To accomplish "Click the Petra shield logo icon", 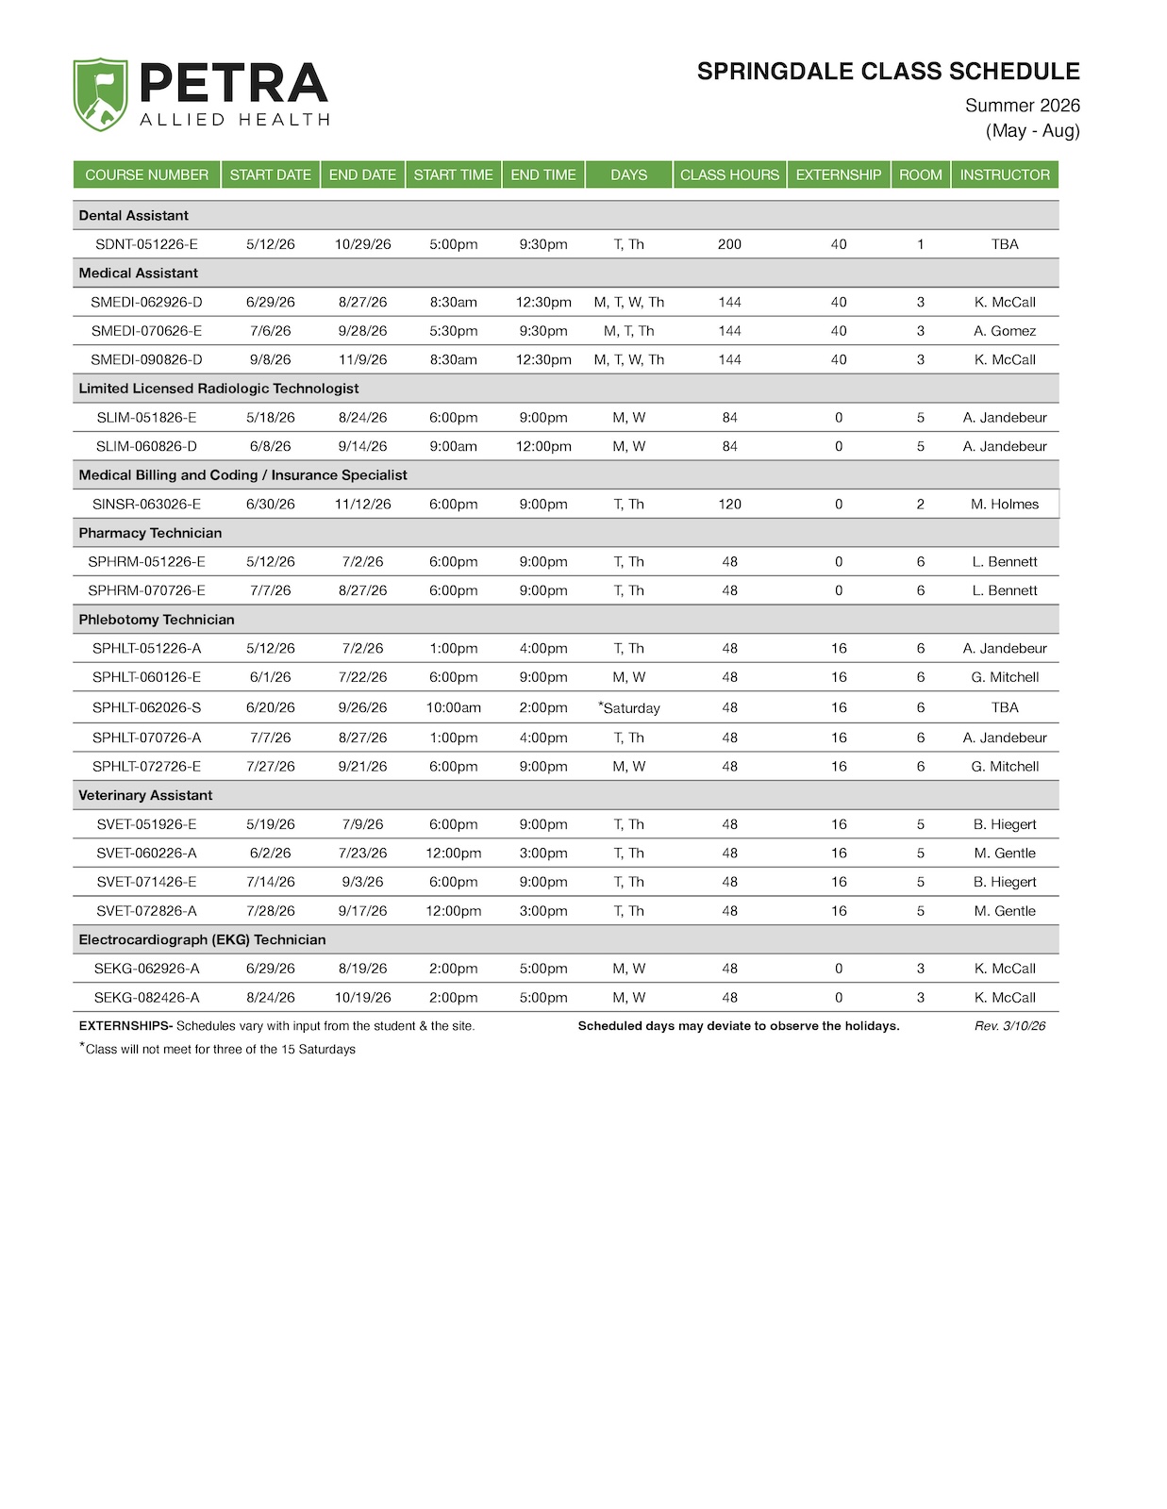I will coord(100,94).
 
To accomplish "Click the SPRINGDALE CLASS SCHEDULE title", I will coord(888,72).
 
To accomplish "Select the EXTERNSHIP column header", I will coord(838,174).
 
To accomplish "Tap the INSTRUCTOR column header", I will coord(1004,174).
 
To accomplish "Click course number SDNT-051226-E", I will coord(146,244).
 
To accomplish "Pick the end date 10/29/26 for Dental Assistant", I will coord(362,244).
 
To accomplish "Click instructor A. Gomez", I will coord(1004,331).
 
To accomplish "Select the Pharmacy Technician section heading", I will coord(150,533).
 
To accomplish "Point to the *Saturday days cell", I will coord(629,707).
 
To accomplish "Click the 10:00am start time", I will coord(453,707).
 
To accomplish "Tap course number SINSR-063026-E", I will coord(146,505).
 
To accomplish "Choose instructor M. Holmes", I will coord(1004,505).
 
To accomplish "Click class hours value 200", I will coord(729,244).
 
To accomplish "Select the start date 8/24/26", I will coord(271,998).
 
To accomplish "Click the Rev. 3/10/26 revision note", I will coord(1009,1026).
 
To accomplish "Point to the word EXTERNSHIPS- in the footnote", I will coord(125,1026).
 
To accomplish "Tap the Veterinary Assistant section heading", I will coord(145,796).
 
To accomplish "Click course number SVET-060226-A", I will coord(146,854).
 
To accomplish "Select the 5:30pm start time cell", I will coord(453,331).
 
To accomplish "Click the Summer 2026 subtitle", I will coord(1022,106).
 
